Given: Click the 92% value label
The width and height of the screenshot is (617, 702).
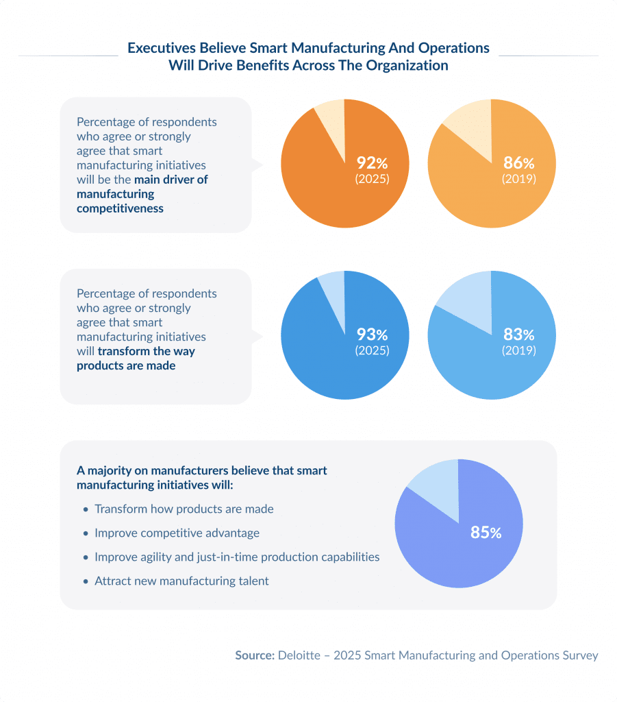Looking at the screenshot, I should click(372, 163).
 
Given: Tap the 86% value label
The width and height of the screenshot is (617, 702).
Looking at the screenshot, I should click(518, 163).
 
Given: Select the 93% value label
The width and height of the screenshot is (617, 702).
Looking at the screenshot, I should click(372, 335).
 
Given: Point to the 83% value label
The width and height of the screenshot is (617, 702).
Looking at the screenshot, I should click(518, 335).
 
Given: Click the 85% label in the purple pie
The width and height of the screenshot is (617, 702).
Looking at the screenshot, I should click(486, 533).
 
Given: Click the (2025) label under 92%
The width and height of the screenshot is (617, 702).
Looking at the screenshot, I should click(372, 179).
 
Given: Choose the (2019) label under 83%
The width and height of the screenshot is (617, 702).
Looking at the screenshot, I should click(518, 350).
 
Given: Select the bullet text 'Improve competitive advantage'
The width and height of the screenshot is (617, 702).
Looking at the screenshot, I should click(177, 533).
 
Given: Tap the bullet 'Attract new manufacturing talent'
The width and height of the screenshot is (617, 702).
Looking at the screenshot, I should click(181, 581).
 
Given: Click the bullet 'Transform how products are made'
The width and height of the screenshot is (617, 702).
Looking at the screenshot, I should click(184, 509).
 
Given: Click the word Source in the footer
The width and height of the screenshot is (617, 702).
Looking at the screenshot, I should click(254, 655).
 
